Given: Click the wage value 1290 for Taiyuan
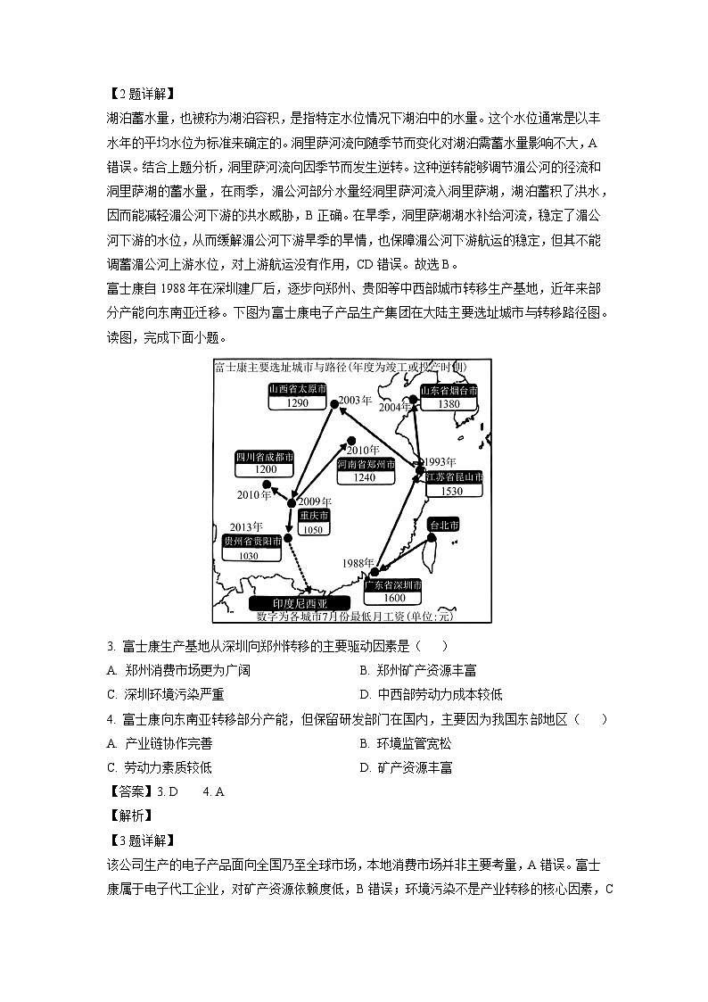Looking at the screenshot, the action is pyautogui.click(x=298, y=403).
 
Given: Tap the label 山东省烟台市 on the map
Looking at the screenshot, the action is pyautogui.click(x=449, y=391).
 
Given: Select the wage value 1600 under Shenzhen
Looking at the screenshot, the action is pyautogui.click(x=393, y=598).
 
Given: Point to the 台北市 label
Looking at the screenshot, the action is pyautogui.click(x=443, y=525).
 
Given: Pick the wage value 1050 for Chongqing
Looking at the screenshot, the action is pyautogui.click(x=312, y=530).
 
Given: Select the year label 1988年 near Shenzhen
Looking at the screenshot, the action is pyautogui.click(x=358, y=563).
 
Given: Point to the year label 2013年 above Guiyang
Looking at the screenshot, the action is pyautogui.click(x=246, y=526).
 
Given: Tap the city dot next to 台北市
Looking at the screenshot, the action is pyautogui.click(x=432, y=538).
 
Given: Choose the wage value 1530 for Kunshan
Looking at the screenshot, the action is pyautogui.click(x=453, y=491).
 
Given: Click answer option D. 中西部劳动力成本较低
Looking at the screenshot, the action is pyautogui.click(x=431, y=694).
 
